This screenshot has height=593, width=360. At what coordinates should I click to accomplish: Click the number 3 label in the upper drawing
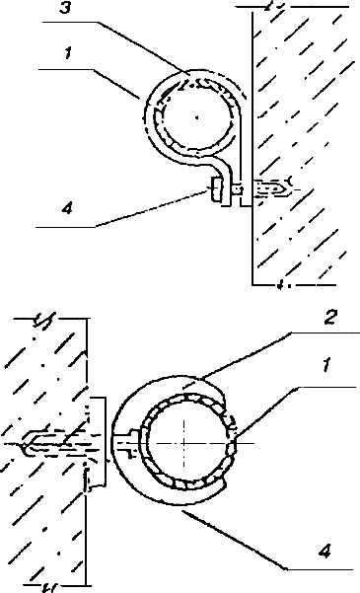coord(65,8)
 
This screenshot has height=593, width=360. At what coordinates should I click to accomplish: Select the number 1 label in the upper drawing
coord(67,53)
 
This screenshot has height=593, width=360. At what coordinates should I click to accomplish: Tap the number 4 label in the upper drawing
coord(66,207)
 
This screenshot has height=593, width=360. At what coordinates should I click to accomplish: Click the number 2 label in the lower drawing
coord(329,318)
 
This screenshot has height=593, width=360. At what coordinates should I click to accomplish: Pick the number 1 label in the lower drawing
coord(327,366)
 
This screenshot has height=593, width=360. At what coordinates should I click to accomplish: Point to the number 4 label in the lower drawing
coord(324,552)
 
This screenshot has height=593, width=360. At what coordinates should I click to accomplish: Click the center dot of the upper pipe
coord(196,117)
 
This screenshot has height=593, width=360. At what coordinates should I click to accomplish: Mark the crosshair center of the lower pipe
coord(184,443)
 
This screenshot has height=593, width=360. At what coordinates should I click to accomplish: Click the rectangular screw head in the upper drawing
coord(214,189)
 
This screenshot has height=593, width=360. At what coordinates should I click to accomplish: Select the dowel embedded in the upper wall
coord(271,187)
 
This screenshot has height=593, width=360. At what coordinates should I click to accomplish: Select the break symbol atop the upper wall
coord(271,6)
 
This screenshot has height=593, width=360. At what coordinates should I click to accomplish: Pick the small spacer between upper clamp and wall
coord(236,187)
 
